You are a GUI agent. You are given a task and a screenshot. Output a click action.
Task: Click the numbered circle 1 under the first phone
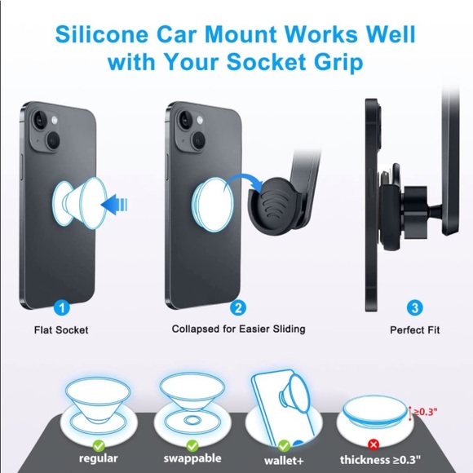click(x=61, y=307)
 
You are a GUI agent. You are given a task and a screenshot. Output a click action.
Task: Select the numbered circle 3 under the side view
click(x=414, y=307)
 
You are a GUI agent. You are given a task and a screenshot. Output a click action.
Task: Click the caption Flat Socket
click(x=61, y=330)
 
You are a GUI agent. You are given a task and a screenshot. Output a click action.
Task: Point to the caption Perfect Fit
click(x=415, y=330)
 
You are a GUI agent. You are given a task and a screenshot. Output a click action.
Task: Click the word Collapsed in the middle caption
click(x=197, y=329)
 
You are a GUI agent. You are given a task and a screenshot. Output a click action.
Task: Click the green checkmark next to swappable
click(x=192, y=446)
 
